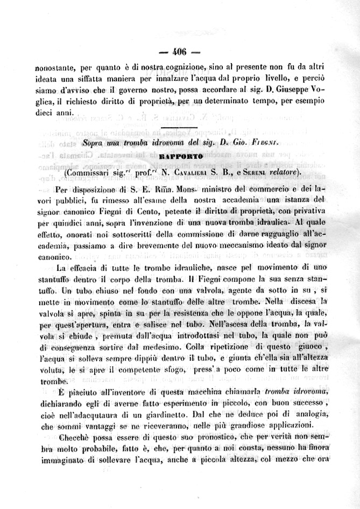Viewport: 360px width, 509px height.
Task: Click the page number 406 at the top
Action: [x=179, y=52]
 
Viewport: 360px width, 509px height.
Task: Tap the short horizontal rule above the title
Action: [x=179, y=128]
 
